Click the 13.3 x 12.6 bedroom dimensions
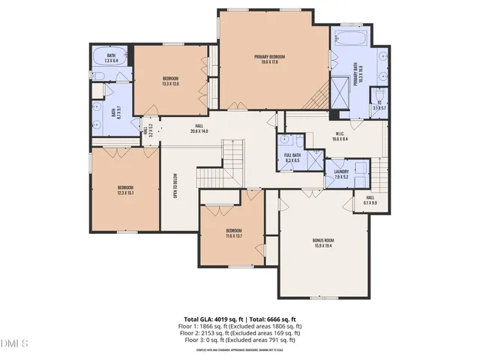coord(170,84)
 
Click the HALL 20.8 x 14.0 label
coord(199,129)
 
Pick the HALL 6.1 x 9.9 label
coord(370,199)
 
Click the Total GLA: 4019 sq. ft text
coord(209,319)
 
